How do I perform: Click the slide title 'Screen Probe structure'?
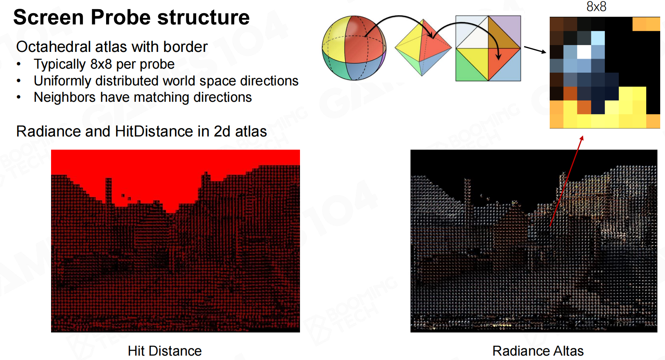click(131, 17)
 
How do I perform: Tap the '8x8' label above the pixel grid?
click(596, 6)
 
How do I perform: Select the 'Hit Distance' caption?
click(165, 351)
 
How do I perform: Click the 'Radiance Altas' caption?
click(538, 351)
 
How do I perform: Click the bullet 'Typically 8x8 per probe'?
click(104, 64)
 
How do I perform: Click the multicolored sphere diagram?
click(354, 48)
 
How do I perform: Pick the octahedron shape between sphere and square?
click(423, 47)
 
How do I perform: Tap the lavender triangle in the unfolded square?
click(509, 28)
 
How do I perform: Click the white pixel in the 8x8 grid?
click(584, 52)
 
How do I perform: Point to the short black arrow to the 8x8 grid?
click(535, 49)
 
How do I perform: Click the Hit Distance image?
click(176, 241)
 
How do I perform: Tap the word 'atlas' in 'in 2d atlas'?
click(251, 131)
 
